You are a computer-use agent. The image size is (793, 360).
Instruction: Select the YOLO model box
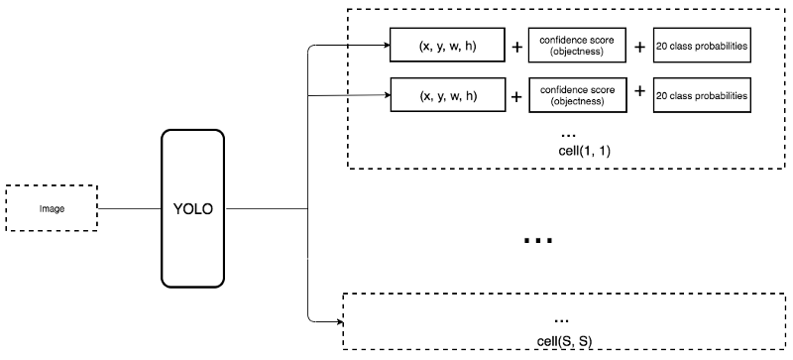coord(193,209)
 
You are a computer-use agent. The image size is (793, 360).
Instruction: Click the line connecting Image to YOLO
coord(132,209)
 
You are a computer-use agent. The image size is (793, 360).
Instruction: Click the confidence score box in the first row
coord(576,46)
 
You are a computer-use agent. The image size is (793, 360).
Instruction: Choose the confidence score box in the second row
coord(576,96)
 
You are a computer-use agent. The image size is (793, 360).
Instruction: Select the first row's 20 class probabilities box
coord(702,46)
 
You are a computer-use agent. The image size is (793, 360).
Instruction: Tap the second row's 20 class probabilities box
coord(702,96)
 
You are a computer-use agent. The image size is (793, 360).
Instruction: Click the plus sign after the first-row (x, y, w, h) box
coord(515,47)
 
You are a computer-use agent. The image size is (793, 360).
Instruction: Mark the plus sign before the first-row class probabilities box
coord(640,46)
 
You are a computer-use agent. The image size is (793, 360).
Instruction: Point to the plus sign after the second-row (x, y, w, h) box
coord(515,97)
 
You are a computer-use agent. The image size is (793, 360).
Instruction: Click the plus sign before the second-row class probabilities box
coord(640,91)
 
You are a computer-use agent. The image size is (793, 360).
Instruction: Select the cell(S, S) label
coord(561,340)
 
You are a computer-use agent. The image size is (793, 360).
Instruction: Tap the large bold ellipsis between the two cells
coord(536,241)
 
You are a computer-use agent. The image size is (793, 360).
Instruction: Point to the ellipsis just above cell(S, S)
coord(562,319)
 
